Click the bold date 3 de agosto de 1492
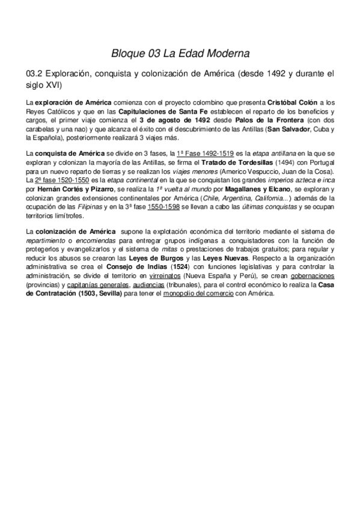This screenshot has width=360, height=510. coord(177,120)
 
